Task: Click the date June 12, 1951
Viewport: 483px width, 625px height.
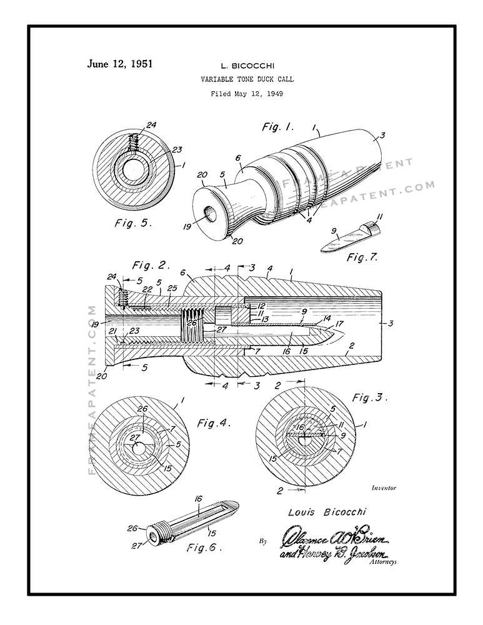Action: pyautogui.click(x=120, y=64)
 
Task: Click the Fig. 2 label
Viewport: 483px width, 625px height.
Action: pyautogui.click(x=151, y=266)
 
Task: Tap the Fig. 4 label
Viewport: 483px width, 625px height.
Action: pyautogui.click(x=214, y=423)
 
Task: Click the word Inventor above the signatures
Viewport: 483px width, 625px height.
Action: pyautogui.click(x=384, y=487)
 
